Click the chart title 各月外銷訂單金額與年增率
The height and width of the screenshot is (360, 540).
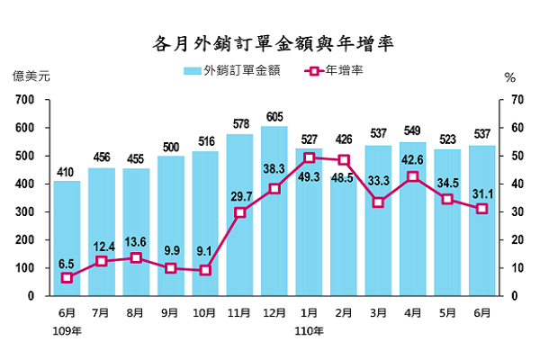(x=270, y=42)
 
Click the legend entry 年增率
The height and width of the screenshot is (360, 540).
(x=333, y=70)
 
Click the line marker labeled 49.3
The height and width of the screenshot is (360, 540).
(x=309, y=157)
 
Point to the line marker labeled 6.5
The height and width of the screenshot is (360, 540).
(x=66, y=278)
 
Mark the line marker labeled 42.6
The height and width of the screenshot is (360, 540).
(x=413, y=176)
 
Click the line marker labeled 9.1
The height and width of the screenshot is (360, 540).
(x=205, y=270)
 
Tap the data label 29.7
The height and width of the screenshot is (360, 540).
(x=239, y=196)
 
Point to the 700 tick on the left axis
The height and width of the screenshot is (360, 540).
(x=24, y=100)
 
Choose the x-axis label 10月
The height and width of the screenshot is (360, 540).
(x=205, y=312)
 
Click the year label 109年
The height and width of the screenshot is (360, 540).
(x=66, y=330)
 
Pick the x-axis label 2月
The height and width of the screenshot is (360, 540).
(x=344, y=312)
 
